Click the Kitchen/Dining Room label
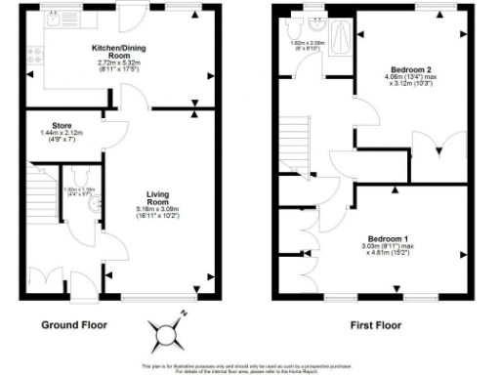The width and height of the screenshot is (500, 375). click(119, 51)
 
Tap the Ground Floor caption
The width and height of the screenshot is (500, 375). click(74, 324)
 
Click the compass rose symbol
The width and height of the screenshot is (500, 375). click(168, 331)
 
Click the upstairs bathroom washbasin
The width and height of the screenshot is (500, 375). click(314, 19)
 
